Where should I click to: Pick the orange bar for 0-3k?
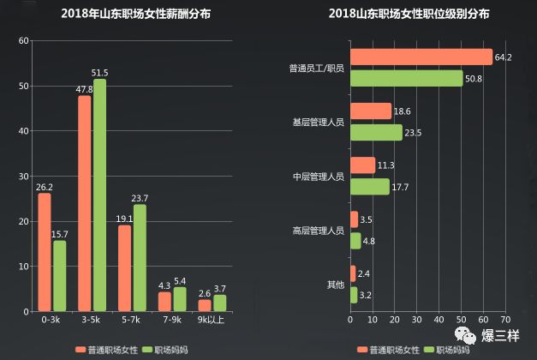click(x=45, y=252)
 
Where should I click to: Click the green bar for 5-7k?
click(x=140, y=257)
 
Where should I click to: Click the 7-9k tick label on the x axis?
click(x=170, y=320)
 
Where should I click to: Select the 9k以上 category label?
click(x=212, y=320)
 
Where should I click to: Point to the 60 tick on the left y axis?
click(x=23, y=40)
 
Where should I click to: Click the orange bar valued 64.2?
click(x=421, y=57)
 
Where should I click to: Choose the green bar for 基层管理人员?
click(x=376, y=132)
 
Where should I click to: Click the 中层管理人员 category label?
click(x=318, y=177)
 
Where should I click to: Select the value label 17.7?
click(x=403, y=187)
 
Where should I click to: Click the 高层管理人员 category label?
click(x=318, y=231)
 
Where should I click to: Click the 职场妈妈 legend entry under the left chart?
click(x=165, y=350)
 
